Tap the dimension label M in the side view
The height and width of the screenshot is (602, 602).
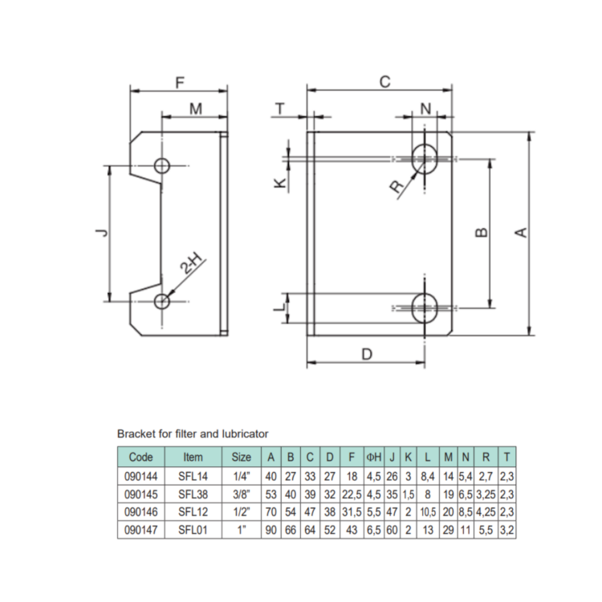195,108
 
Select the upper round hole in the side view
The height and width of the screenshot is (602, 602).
163,166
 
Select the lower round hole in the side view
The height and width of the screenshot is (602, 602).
163,301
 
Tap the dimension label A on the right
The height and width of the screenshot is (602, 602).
521,232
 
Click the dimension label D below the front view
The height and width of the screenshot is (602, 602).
366,353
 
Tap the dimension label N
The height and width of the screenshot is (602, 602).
425,108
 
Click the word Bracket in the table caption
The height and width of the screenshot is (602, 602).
136,433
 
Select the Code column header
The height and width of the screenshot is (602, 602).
140,457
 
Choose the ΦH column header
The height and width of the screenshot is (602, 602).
373,457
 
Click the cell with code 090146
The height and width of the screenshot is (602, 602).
140,511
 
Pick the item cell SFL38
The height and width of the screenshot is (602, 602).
193,494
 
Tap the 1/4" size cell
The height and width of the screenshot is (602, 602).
241,475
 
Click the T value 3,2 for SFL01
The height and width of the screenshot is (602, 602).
506,529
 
